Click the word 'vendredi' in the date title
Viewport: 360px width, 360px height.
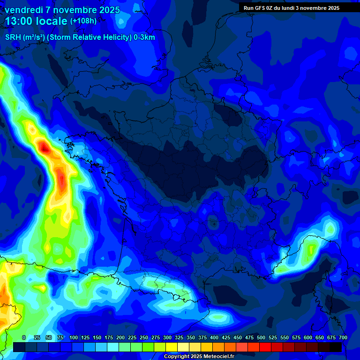(x=23, y=10)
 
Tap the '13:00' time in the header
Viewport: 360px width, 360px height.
(x=19, y=21)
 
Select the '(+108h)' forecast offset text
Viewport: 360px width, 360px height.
(x=84, y=21)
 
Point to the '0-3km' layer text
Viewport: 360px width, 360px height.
(x=144, y=37)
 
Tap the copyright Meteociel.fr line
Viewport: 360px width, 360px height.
(x=198, y=356)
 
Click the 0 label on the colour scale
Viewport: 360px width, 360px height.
(x=24, y=337)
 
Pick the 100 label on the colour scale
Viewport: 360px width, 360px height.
(x=74, y=337)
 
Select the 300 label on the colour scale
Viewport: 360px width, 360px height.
(x=167, y=337)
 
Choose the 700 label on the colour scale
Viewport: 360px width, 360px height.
(x=343, y=337)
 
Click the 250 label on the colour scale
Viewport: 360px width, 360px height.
(x=144, y=337)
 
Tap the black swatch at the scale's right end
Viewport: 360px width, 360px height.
(x=336, y=347)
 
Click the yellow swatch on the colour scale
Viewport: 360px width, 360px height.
(x=172, y=347)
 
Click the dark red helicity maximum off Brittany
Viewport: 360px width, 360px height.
(x=45, y=148)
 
